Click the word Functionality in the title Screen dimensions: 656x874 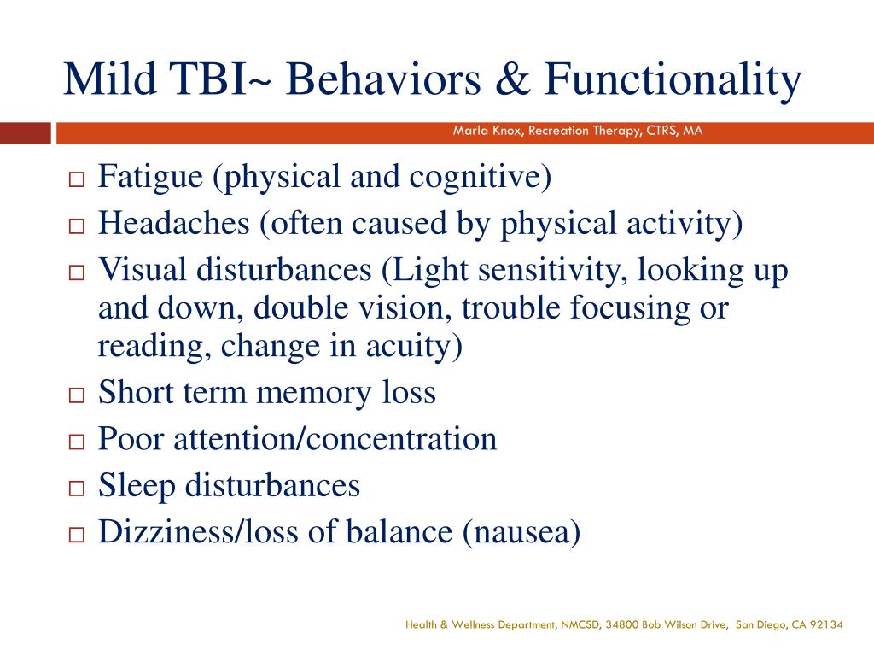[674, 80]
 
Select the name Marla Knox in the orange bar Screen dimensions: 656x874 [487, 132]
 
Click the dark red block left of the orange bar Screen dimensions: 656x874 [25, 133]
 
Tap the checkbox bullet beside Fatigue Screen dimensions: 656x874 [76, 181]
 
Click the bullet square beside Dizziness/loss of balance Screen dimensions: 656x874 [76, 535]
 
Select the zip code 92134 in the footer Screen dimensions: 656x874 [827, 625]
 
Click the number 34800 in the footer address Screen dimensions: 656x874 [621, 625]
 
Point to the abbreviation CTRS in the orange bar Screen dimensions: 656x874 [661, 132]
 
